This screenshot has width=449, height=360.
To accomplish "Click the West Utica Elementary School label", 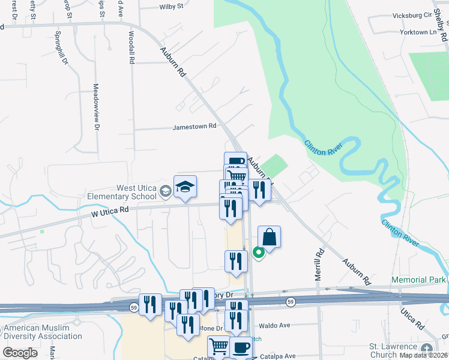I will click(x=120, y=192).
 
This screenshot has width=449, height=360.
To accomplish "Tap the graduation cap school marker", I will click(x=185, y=188).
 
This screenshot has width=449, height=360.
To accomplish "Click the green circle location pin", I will click(x=259, y=254).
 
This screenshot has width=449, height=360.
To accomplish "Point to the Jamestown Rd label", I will click(x=194, y=127).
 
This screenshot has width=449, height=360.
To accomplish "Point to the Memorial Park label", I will click(x=418, y=280).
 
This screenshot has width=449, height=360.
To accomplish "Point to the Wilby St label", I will click(x=171, y=7).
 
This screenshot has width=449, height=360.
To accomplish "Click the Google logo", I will click(x=20, y=353).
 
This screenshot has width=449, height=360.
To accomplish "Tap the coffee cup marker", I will click(x=241, y=347).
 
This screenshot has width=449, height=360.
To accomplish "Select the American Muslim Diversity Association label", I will click(x=42, y=332).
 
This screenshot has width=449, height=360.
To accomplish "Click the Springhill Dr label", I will click(x=58, y=48).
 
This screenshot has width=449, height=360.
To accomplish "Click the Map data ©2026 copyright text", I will click(x=415, y=355).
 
